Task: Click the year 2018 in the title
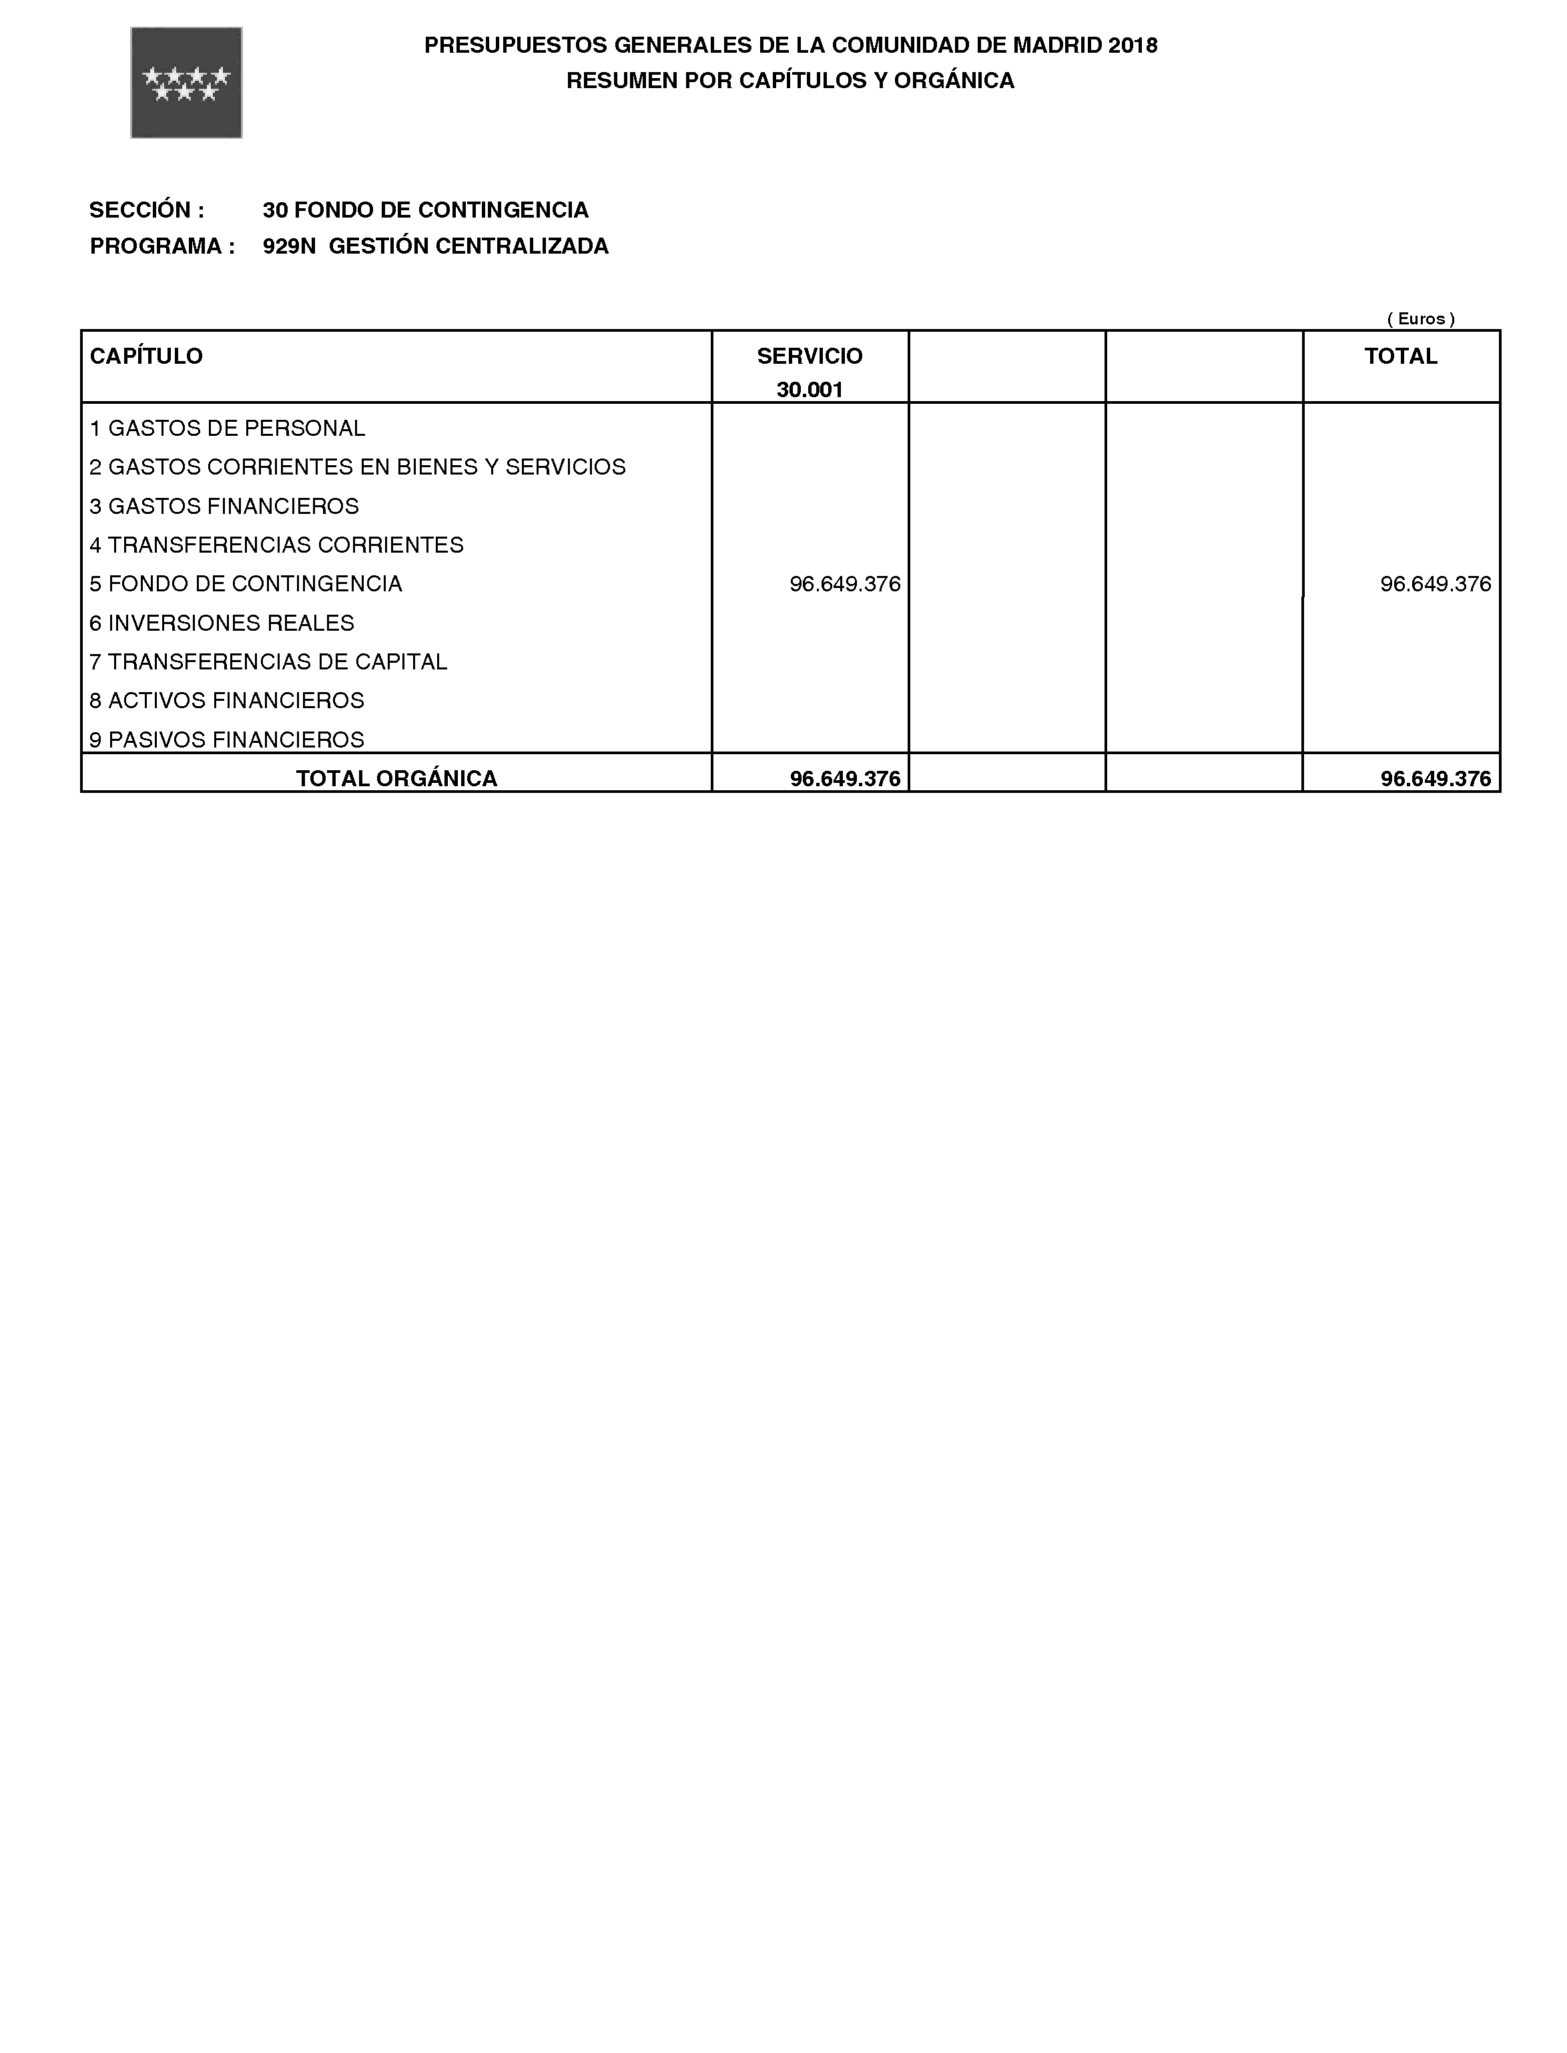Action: [1133, 45]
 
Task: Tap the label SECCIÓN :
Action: [146, 210]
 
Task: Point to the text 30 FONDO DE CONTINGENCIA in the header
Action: [425, 210]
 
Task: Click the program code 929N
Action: [289, 246]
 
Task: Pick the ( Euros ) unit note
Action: [1421, 319]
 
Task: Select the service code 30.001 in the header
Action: [810, 390]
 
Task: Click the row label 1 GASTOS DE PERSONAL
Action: [228, 428]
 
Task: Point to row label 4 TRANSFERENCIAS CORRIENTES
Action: [276, 545]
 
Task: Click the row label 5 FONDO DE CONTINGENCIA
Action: [246, 584]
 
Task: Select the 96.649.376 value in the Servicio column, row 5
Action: [845, 584]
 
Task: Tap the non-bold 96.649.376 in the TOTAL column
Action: [1436, 584]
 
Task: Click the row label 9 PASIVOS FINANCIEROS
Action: [227, 740]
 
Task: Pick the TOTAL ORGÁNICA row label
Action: [396, 779]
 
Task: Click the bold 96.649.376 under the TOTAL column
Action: [1436, 779]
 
